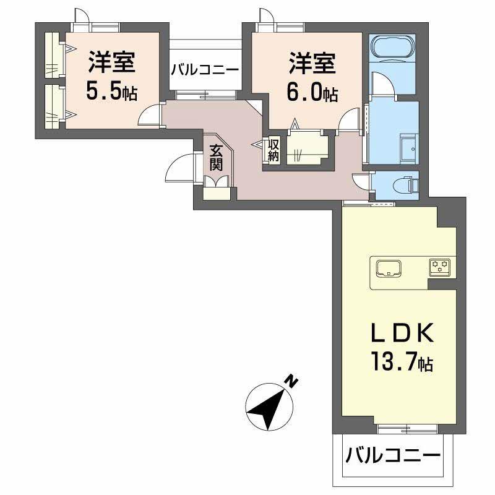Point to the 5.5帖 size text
111,93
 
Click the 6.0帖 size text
312,93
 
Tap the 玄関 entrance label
216,157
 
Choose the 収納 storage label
273,150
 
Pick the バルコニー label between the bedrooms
205,69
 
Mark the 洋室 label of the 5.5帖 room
111,62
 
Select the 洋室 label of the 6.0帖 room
312,62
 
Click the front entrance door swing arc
179,165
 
